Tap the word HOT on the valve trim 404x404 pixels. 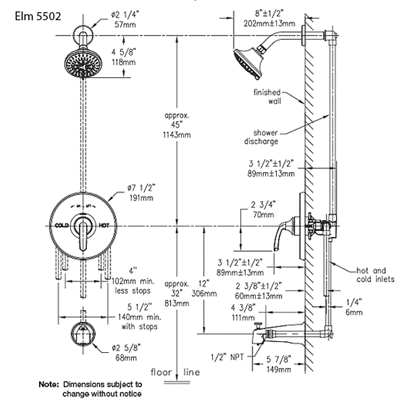pos(104,226)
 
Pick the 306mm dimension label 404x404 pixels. pos(207,294)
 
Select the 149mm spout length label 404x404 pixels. pos(277,369)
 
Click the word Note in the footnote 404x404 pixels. pos(49,384)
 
